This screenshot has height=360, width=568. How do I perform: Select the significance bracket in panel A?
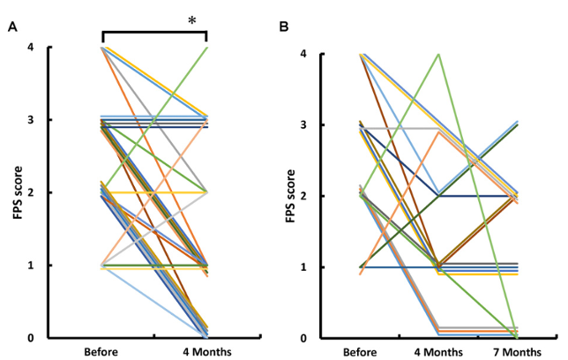(154, 32)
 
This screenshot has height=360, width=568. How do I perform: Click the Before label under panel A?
(102, 352)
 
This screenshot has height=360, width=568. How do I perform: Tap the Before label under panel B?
(361, 352)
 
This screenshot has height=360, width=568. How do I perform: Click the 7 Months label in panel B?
(517, 352)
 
